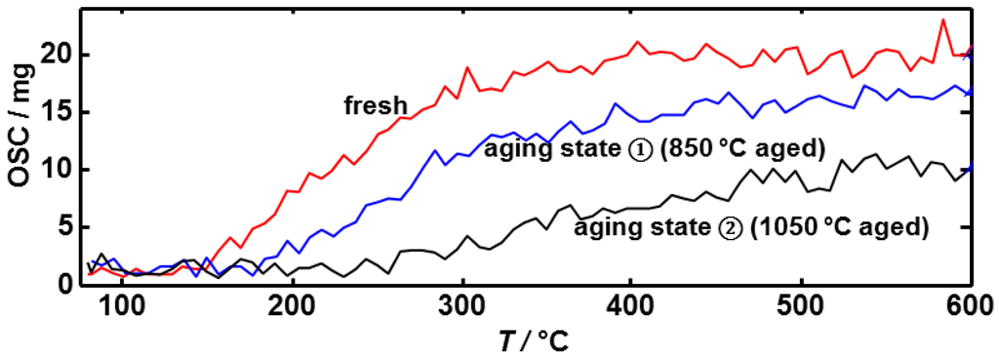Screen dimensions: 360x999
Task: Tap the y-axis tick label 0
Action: pyautogui.click(x=65, y=284)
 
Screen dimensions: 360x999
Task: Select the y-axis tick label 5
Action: pyautogui.click(x=65, y=226)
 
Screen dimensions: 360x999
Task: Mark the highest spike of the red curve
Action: pyautogui.click(x=943, y=20)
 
